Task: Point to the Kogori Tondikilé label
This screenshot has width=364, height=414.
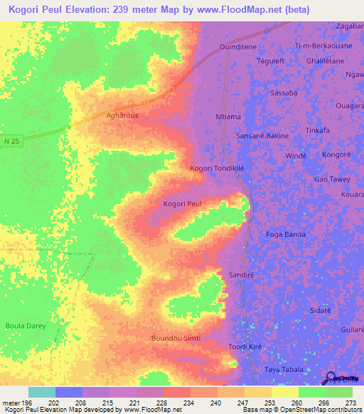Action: (217, 168)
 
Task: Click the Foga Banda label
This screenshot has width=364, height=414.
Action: (286, 234)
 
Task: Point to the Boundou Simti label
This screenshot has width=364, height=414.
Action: (176, 338)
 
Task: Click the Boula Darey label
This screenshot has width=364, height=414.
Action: (26, 326)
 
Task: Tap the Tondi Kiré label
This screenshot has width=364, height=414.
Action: (245, 346)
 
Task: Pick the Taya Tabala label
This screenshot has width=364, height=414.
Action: (284, 370)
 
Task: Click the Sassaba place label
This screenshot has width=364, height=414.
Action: (284, 93)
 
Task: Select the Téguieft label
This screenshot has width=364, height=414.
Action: (270, 61)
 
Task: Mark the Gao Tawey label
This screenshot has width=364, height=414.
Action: (331, 180)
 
